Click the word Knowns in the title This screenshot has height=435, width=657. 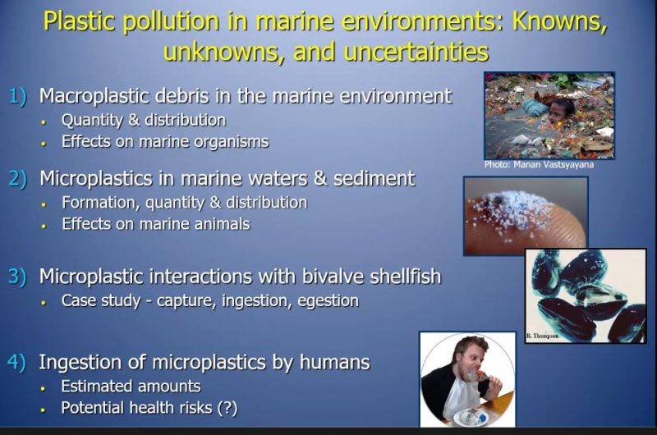pyautogui.click(x=559, y=21)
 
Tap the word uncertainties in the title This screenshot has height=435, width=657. pyautogui.click(x=416, y=52)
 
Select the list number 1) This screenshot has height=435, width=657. pyautogui.click(x=18, y=96)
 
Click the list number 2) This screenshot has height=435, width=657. pyautogui.click(x=18, y=179)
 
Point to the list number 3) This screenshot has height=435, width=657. pyautogui.click(x=17, y=277)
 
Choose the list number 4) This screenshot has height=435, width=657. pyautogui.click(x=17, y=362)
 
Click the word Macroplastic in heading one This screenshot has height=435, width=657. pyautogui.click(x=94, y=96)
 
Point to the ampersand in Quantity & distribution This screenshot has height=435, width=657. pyautogui.click(x=134, y=120)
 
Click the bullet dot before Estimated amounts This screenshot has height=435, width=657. pyautogui.click(x=43, y=388)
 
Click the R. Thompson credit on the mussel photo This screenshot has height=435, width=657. pyautogui.click(x=543, y=337)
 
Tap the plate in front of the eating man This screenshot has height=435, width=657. pyautogui.click(x=471, y=417)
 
